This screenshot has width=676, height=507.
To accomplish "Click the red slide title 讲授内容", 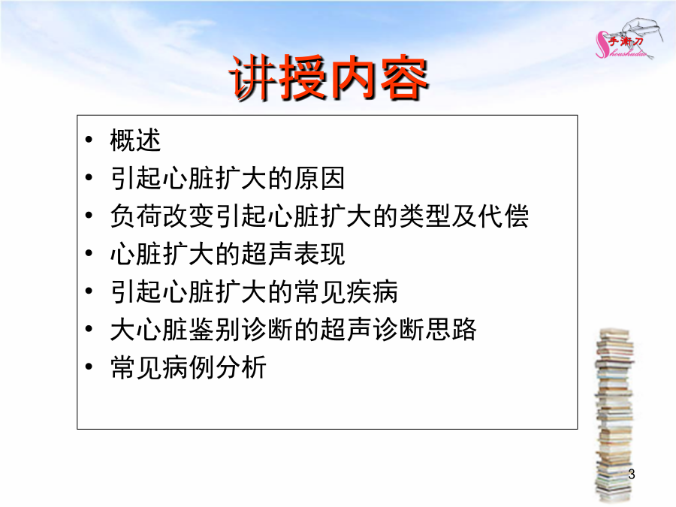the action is click(329, 78).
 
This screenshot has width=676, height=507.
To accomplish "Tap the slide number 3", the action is click(631, 474).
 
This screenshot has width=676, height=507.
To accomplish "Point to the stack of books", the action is click(614, 415).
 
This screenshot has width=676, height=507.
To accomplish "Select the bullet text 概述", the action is click(135, 140).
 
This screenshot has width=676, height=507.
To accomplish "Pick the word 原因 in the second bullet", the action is click(319, 178).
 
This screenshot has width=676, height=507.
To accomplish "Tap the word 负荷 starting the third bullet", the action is click(136, 216).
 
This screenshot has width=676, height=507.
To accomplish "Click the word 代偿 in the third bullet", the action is click(503, 216).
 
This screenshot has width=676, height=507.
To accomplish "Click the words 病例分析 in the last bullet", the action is click(214, 367).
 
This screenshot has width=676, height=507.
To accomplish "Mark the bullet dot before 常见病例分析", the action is click(89, 367).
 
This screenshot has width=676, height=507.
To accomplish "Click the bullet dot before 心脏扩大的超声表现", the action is click(89, 253).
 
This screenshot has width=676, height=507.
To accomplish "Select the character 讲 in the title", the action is click(252, 78).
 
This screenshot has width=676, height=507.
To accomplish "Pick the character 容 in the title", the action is click(404, 78).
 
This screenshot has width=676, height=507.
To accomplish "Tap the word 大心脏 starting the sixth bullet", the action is click(149, 330).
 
